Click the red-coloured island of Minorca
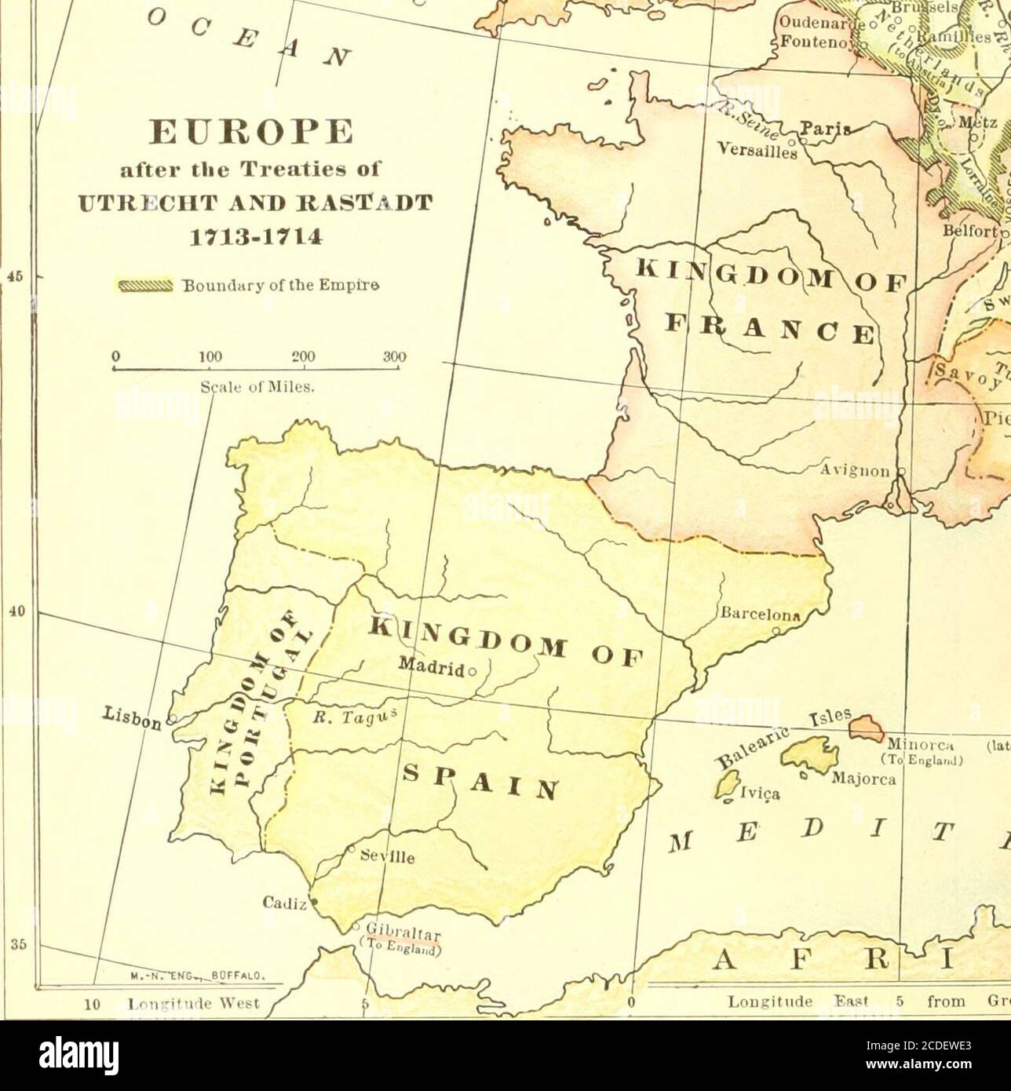pos(865,728)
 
